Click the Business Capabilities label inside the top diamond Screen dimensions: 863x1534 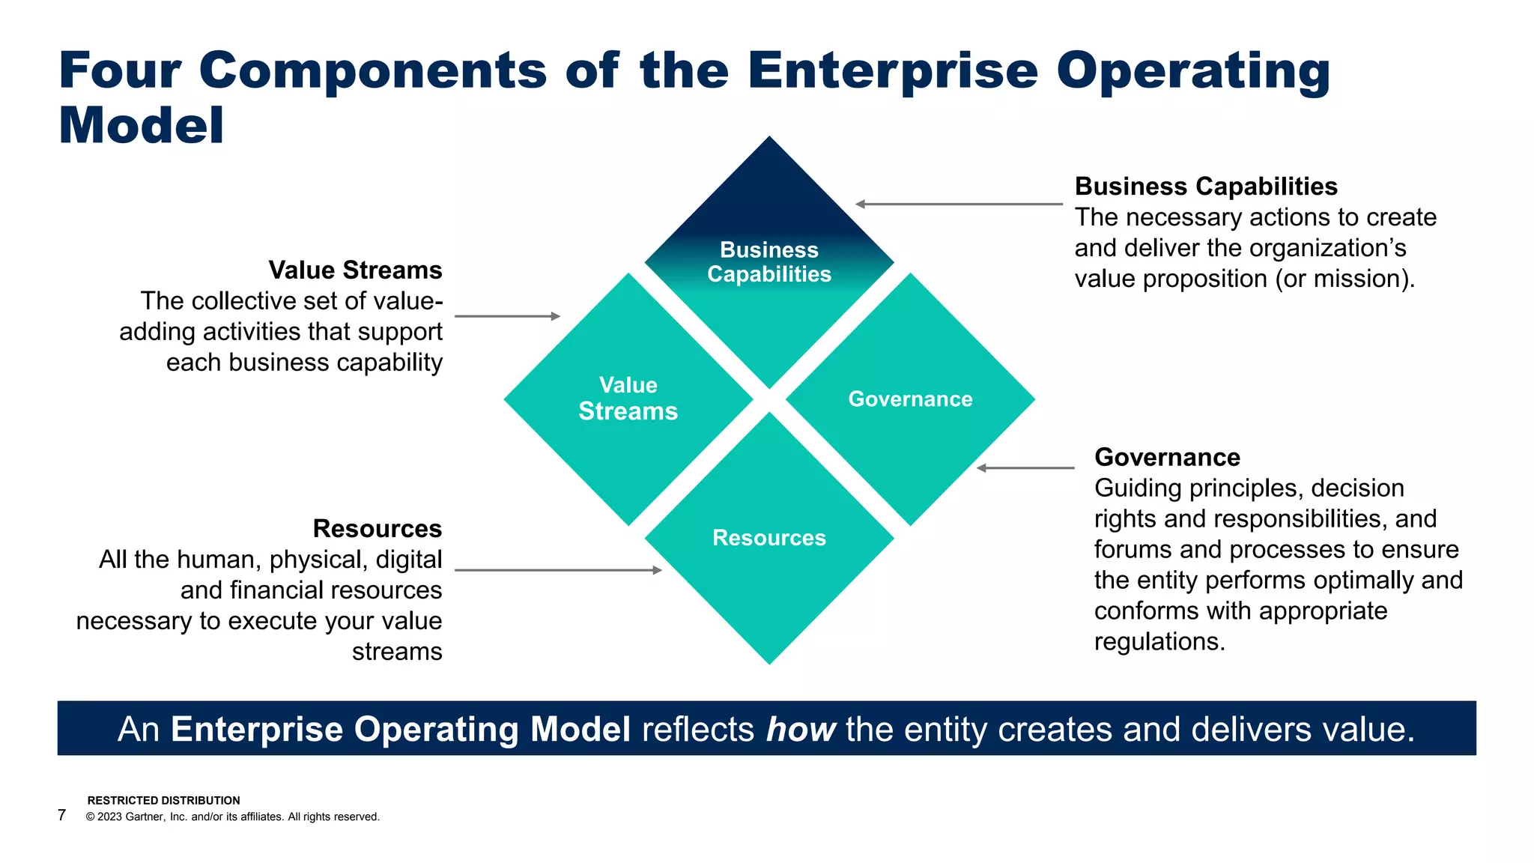(769, 262)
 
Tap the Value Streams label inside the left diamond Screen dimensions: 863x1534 (628, 399)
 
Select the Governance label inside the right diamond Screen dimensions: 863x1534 (910, 399)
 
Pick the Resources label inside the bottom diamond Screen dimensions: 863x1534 (769, 538)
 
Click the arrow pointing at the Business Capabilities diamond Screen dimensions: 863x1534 (959, 204)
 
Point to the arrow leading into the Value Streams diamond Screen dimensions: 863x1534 (507, 316)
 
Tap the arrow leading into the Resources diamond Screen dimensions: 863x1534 (558, 570)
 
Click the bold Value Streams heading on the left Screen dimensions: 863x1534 (355, 270)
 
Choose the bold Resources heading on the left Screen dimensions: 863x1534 (377, 529)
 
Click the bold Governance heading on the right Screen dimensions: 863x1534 (1167, 457)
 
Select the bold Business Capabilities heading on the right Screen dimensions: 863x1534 (1206, 187)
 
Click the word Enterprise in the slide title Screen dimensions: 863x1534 (892, 70)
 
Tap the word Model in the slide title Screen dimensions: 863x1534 (141, 125)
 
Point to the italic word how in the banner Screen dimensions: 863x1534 (800, 730)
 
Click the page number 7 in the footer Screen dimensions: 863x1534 (62, 815)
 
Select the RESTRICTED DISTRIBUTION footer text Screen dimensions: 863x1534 (163, 801)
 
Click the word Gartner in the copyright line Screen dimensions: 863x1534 (145, 817)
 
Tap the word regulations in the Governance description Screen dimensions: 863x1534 (1159, 642)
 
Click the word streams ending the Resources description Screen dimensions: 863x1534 (397, 652)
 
